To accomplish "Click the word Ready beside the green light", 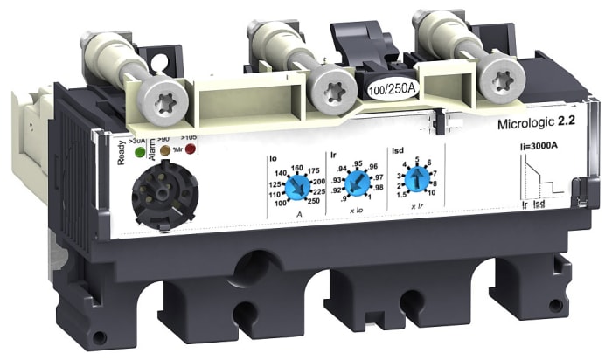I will (x=123, y=153).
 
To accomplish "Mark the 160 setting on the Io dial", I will (x=296, y=161).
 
